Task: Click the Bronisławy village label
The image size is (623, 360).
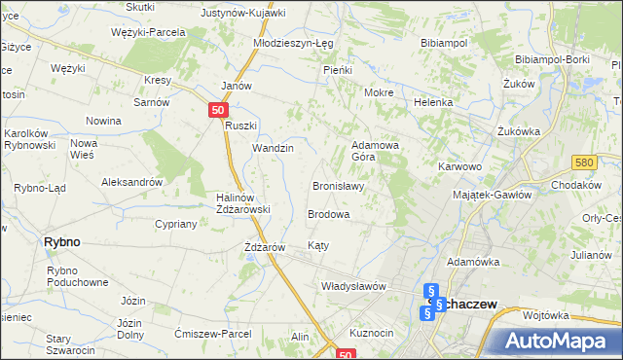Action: click(x=338, y=186)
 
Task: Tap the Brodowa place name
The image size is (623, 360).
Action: click(x=328, y=213)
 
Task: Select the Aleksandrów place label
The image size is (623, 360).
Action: click(x=131, y=182)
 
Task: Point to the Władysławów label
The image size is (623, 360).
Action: click(x=354, y=286)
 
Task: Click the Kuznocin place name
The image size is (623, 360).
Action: click(x=371, y=333)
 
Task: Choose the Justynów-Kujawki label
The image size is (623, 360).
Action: click(x=242, y=14)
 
